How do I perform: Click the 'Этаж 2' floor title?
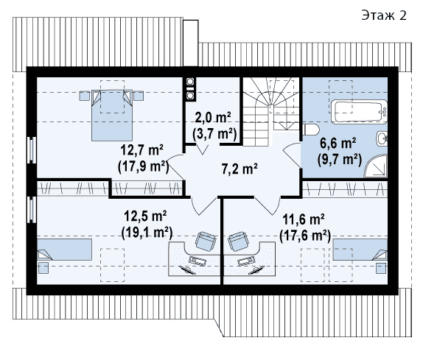[384, 15]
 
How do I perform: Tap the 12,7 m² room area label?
[141, 150]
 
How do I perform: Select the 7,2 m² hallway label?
[240, 169]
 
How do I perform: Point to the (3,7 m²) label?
[214, 133]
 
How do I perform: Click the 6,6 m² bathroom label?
[338, 143]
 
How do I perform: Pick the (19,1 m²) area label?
[147, 233]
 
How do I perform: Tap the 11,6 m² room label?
[304, 219]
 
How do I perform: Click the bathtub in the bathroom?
[359, 112]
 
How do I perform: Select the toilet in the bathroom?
[311, 130]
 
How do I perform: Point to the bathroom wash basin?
[382, 138]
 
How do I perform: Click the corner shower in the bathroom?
[376, 166]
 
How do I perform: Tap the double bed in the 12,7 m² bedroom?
[112, 116]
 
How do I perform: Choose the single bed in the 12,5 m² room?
[64, 250]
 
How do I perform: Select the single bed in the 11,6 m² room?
[360, 250]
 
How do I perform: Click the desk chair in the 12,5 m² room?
[206, 241]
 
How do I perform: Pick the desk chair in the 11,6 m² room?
[238, 241]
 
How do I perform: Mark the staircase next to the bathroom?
[271, 112]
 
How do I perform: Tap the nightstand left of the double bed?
[85, 96]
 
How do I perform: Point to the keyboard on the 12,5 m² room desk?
[197, 261]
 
